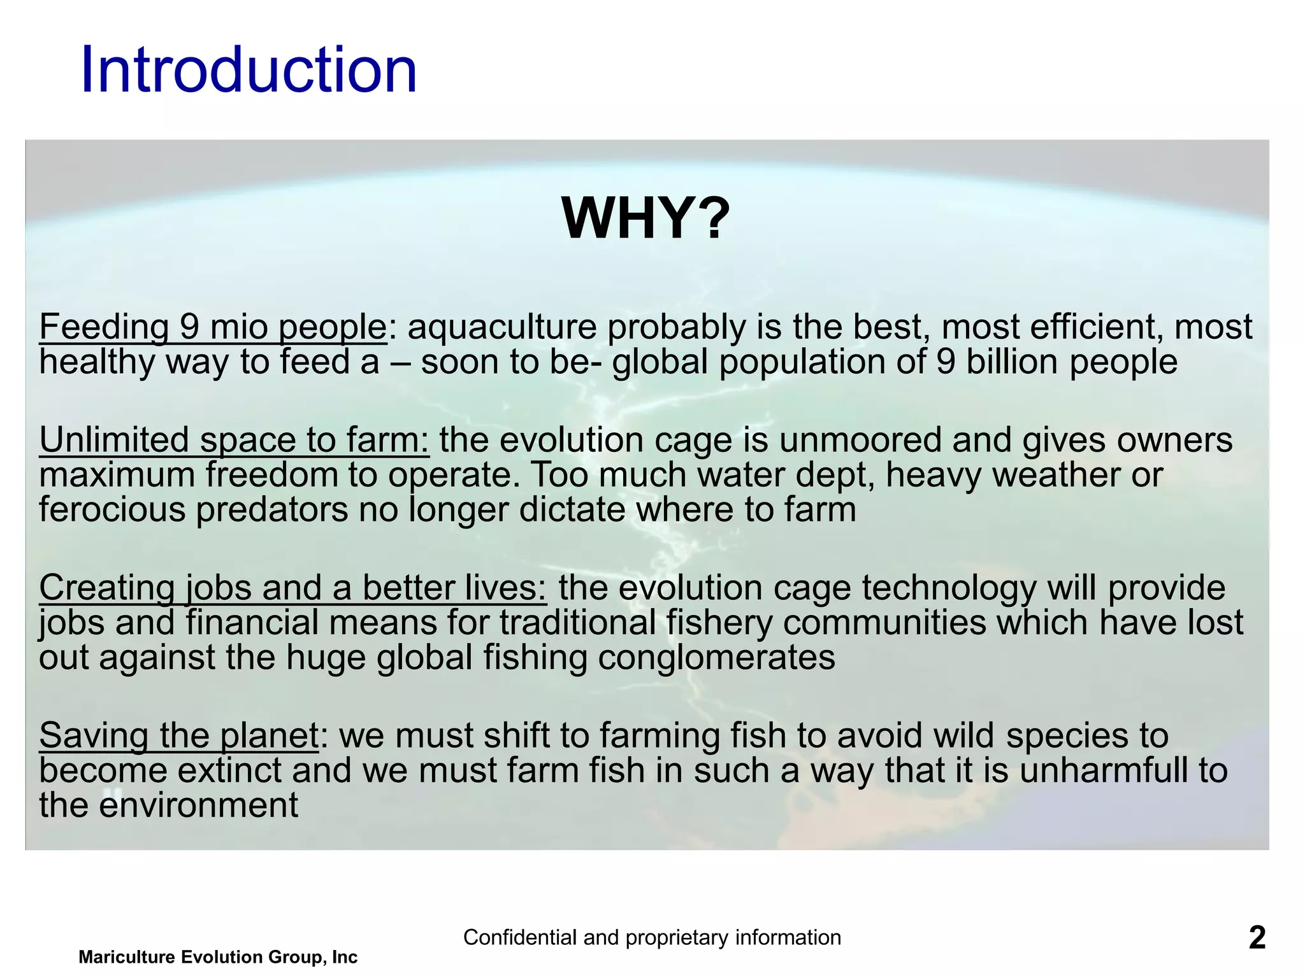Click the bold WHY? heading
(x=645, y=218)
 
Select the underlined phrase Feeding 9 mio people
(x=213, y=327)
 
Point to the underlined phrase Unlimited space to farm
(x=234, y=440)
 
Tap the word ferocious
(x=112, y=509)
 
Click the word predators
(x=272, y=509)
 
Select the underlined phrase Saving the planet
(x=178, y=735)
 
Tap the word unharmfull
(x=1104, y=770)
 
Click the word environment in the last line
(x=198, y=805)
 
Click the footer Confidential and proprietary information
(x=652, y=937)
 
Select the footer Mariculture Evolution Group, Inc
(x=218, y=957)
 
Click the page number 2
(x=1257, y=938)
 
